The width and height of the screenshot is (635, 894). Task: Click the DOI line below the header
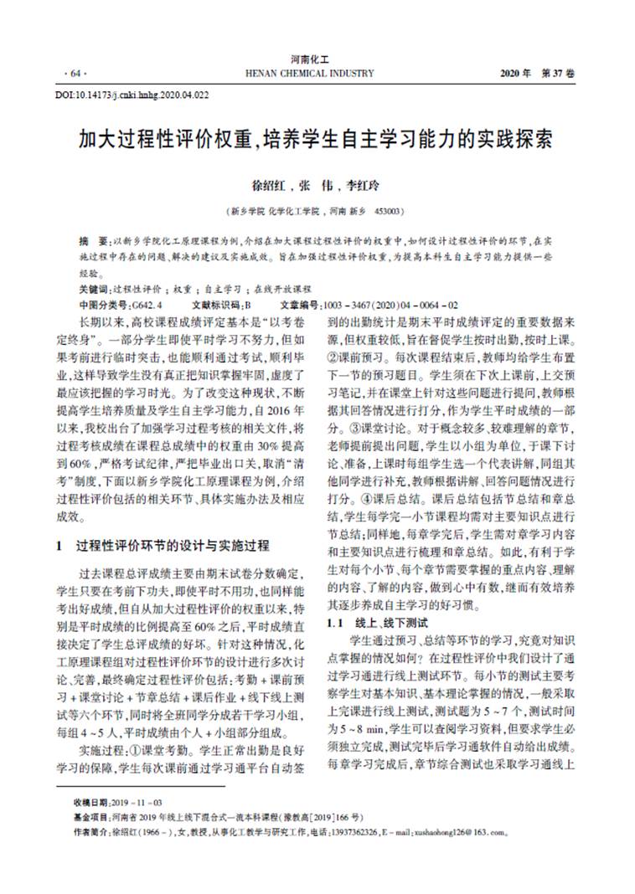132,95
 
